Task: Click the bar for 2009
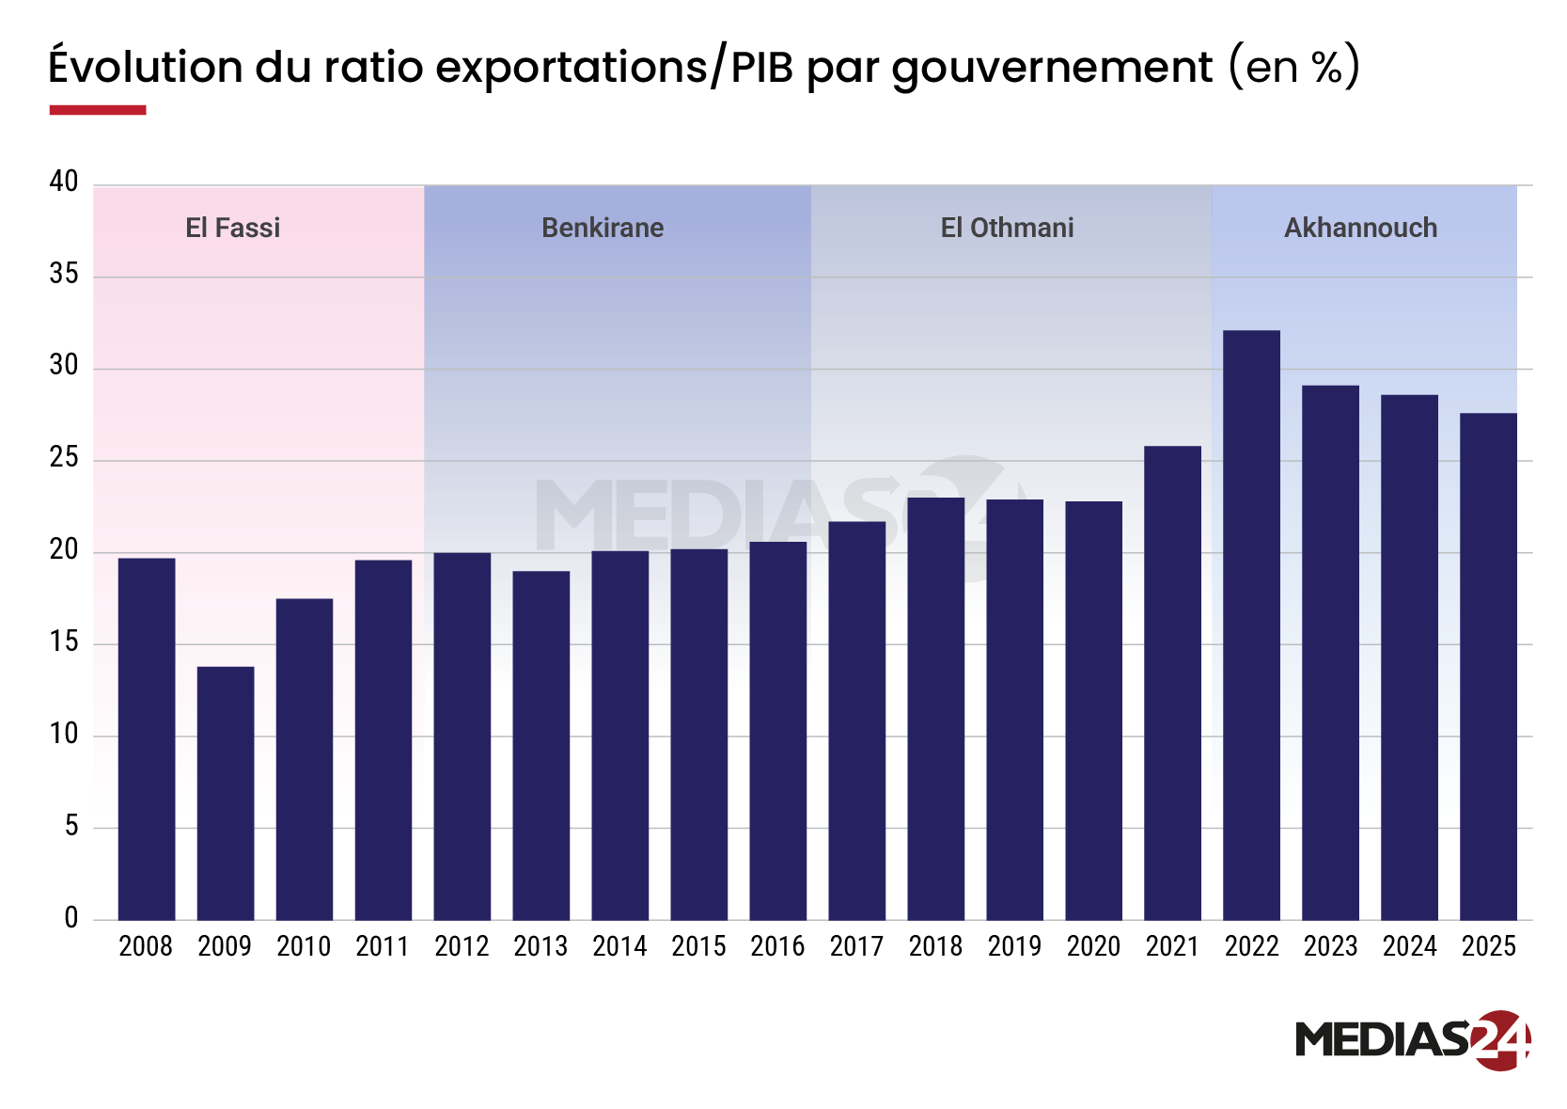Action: click(226, 793)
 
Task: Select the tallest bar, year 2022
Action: click(1251, 625)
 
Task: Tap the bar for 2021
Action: click(1172, 683)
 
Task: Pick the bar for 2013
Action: click(541, 745)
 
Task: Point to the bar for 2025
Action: click(1488, 666)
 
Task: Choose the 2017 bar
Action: click(856, 721)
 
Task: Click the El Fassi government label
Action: click(232, 228)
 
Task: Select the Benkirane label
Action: click(603, 228)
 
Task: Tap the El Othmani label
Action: click(1007, 228)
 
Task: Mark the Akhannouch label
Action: click(1360, 228)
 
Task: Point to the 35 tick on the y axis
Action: click(64, 274)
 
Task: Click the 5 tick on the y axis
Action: click(71, 826)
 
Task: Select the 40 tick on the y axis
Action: click(64, 182)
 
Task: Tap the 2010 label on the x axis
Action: click(304, 946)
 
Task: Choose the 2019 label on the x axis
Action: click(1014, 946)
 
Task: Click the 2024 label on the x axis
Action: click(1409, 946)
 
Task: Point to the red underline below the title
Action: click(97, 110)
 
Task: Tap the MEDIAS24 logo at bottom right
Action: click(1412, 1039)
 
